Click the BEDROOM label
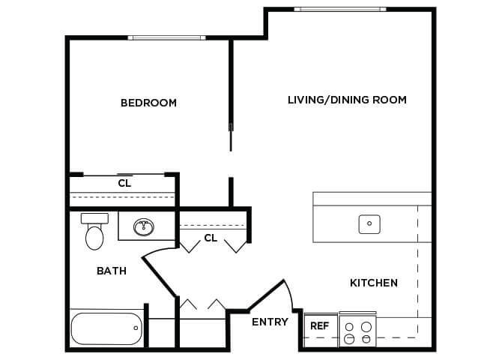point(148,103)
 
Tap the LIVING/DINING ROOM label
point(347,100)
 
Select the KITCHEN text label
point(374,283)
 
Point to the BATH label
point(112,271)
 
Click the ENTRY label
point(270,322)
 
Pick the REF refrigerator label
point(319,326)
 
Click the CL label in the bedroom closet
point(124,183)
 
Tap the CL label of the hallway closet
point(211,238)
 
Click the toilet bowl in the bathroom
point(94,238)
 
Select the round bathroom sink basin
point(144,227)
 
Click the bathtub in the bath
point(106,329)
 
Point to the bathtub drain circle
point(136,328)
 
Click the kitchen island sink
point(369,224)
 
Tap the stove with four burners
point(357,329)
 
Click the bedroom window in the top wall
point(166,37)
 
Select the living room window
point(340,9)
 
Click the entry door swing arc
point(289,293)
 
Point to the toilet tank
point(94,219)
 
